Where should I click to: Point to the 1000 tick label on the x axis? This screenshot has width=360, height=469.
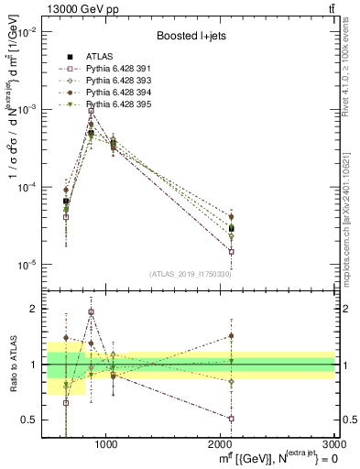(106, 444)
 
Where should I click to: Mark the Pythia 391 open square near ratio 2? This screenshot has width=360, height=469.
(91, 311)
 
